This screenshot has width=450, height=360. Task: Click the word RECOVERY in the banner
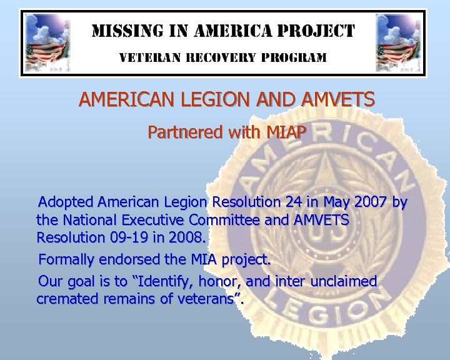pyautogui.click(x=221, y=57)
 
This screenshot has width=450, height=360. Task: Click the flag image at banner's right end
pyautogui.click(x=401, y=42)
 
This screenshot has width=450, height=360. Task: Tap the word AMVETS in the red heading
pyautogui.click(x=338, y=99)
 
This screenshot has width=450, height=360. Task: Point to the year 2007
pyautogui.click(x=365, y=202)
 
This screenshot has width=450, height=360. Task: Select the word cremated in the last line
pyautogui.click(x=64, y=299)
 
